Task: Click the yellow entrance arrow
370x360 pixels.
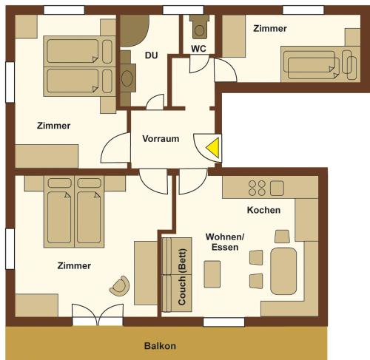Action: (214, 148)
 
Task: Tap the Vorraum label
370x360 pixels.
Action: (161, 139)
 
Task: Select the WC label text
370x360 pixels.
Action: (198, 49)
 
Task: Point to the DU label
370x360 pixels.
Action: (151, 55)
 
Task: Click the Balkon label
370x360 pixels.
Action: (160, 346)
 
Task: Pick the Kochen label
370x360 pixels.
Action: (263, 210)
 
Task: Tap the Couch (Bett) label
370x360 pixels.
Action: (182, 277)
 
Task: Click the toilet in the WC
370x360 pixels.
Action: (199, 27)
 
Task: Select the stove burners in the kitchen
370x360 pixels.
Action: (257, 188)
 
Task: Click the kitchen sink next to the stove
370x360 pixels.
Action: (277, 188)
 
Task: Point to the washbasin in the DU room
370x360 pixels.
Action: (127, 78)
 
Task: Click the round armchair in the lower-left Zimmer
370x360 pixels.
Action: (120, 286)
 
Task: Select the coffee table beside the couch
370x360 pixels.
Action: (212, 274)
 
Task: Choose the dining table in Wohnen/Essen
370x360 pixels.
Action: (283, 271)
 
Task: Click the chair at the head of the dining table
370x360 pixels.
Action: (282, 237)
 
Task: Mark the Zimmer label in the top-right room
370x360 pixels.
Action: (270, 28)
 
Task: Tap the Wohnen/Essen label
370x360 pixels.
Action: (225, 242)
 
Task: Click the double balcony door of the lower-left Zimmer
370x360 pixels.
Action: (98, 315)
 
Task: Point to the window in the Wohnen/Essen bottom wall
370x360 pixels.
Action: (223, 322)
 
